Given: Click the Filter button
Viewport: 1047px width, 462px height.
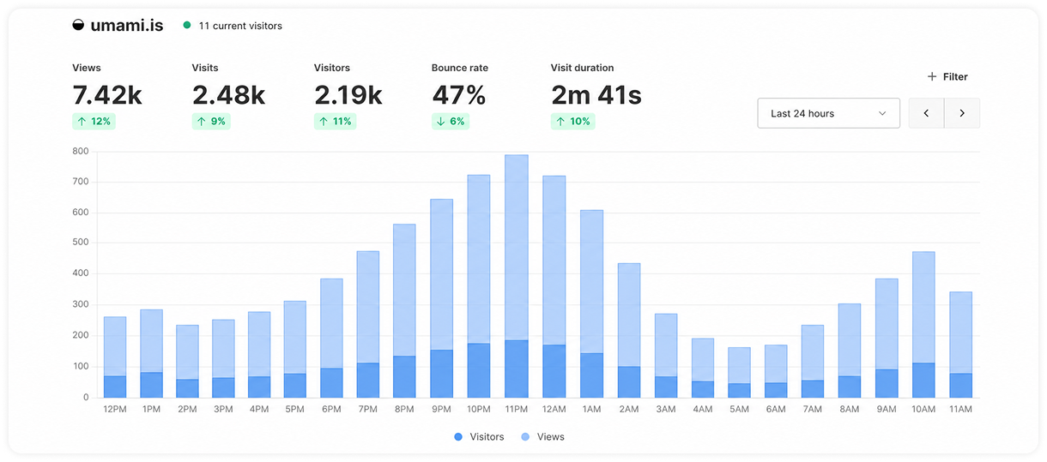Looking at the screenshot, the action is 947,76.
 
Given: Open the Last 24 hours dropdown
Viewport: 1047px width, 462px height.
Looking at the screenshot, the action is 828,113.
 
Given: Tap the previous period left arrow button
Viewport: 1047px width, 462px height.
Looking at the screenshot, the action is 926,113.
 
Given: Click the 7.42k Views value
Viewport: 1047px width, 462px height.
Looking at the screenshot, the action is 107,95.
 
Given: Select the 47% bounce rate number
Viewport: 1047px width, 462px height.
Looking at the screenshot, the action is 458,95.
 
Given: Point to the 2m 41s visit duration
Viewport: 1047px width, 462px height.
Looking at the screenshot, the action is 596,95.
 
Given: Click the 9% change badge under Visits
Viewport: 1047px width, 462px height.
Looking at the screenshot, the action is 211,122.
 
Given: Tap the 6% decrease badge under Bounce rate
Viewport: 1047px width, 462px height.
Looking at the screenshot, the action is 451,122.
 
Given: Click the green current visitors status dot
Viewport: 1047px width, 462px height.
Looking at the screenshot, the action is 187,25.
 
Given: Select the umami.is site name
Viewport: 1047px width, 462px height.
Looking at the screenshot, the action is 127,25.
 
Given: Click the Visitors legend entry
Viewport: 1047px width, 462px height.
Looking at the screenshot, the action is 479,437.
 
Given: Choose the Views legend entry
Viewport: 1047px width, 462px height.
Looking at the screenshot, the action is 542,437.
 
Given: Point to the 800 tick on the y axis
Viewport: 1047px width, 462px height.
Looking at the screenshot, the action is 81,151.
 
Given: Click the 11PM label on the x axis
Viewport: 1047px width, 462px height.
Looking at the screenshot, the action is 516,409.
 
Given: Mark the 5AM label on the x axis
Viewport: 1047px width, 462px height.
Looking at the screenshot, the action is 739,409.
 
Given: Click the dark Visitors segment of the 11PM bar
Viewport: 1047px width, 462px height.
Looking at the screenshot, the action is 517,369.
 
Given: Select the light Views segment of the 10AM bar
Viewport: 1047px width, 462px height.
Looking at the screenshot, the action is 923,308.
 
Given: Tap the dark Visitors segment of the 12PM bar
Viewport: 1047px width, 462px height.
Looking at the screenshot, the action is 115,387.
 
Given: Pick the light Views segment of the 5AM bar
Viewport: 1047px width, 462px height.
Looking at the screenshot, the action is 740,365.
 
